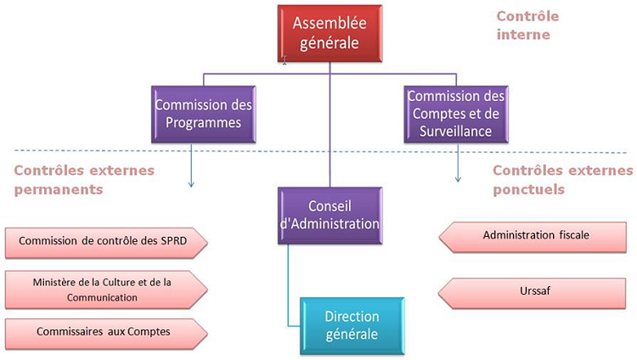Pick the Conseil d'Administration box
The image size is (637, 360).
328,216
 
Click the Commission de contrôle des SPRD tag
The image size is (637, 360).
104,242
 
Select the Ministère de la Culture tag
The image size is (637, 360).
104,290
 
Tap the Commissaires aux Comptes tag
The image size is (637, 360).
104,333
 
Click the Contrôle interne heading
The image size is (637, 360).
534,25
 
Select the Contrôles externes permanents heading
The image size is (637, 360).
83,179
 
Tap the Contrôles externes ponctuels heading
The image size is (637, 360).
561,179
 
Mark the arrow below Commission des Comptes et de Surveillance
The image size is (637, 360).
459,168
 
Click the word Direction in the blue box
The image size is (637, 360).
351,316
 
